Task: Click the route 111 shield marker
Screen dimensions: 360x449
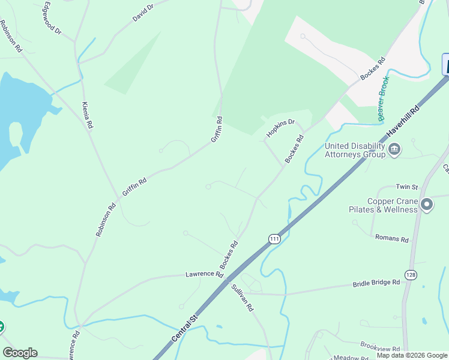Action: pyautogui.click(x=274, y=239)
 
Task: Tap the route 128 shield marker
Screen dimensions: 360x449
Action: pyautogui.click(x=411, y=275)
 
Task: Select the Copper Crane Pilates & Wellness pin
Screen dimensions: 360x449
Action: pyautogui.click(x=427, y=205)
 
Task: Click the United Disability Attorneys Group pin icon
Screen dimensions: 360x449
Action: pyautogui.click(x=394, y=149)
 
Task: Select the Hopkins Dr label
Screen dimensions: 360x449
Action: pyautogui.click(x=280, y=128)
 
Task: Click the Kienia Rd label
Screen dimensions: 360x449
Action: pyautogui.click(x=88, y=115)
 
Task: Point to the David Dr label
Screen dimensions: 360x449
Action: pyautogui.click(x=143, y=14)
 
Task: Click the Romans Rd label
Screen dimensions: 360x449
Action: pyautogui.click(x=391, y=238)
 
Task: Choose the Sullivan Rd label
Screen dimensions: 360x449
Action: pyautogui.click(x=243, y=297)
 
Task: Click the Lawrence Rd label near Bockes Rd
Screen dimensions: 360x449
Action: pyautogui.click(x=203, y=274)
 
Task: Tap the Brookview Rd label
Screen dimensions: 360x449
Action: pyautogui.click(x=380, y=346)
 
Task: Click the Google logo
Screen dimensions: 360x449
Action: pyautogui.click(x=20, y=353)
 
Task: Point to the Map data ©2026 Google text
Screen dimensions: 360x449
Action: pyautogui.click(x=412, y=355)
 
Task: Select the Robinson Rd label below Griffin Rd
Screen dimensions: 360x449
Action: pyautogui.click(x=106, y=220)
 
